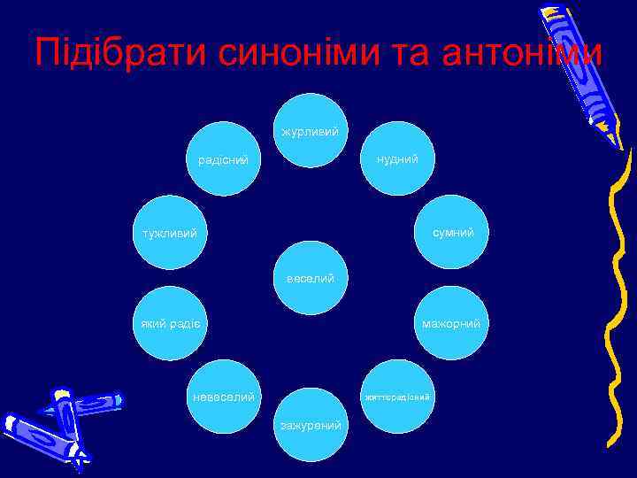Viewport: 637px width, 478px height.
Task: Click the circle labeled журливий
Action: tap(310, 130)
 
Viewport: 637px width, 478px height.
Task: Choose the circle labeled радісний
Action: tap(222, 158)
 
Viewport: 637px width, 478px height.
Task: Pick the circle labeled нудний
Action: tap(398, 158)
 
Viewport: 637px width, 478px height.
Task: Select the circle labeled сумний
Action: tap(451, 232)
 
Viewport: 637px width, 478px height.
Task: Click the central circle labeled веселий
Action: tap(310, 277)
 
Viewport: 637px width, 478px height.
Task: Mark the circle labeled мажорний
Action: tap(451, 323)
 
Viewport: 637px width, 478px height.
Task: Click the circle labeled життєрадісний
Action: tap(398, 397)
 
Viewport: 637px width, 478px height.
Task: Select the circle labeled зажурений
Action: tap(310, 425)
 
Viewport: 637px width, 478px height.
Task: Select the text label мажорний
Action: tap(451, 324)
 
